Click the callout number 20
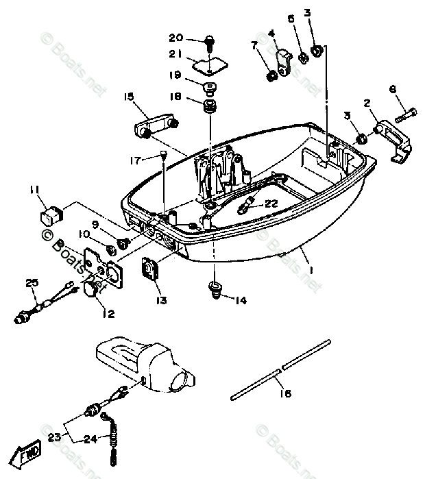(176, 37)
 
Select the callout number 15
(129, 97)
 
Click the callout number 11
(34, 189)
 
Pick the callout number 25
(30, 282)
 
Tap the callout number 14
(239, 300)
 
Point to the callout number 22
(272, 203)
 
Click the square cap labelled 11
(52, 214)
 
